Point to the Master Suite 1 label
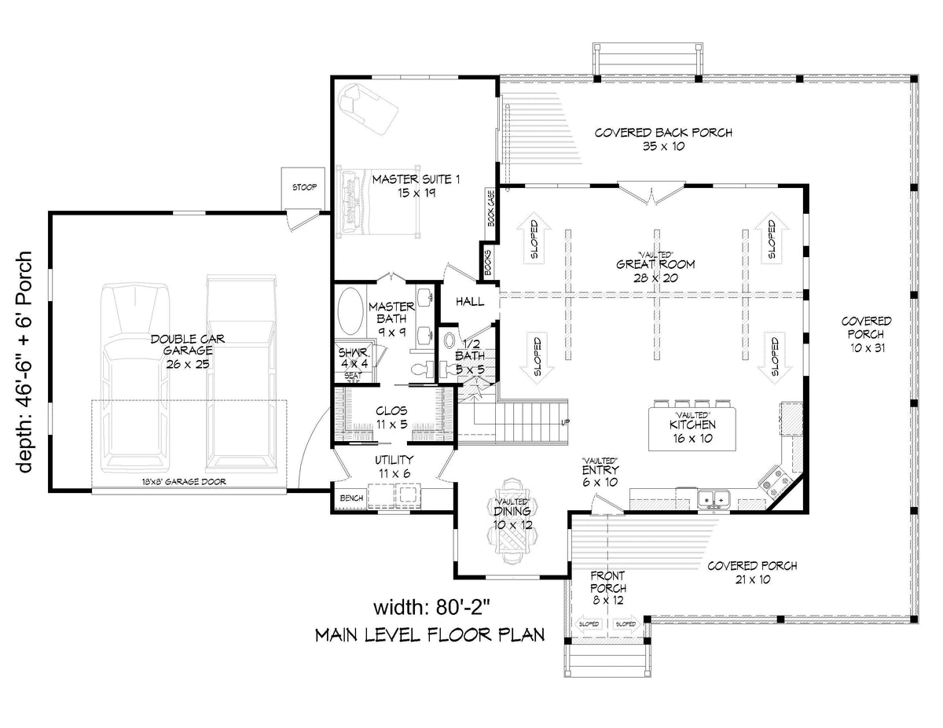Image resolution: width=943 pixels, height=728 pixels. coord(404,186)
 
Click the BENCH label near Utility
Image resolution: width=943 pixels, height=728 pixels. coord(350,498)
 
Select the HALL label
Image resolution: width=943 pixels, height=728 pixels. coord(470,302)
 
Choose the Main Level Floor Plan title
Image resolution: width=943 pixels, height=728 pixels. coord(429,634)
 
